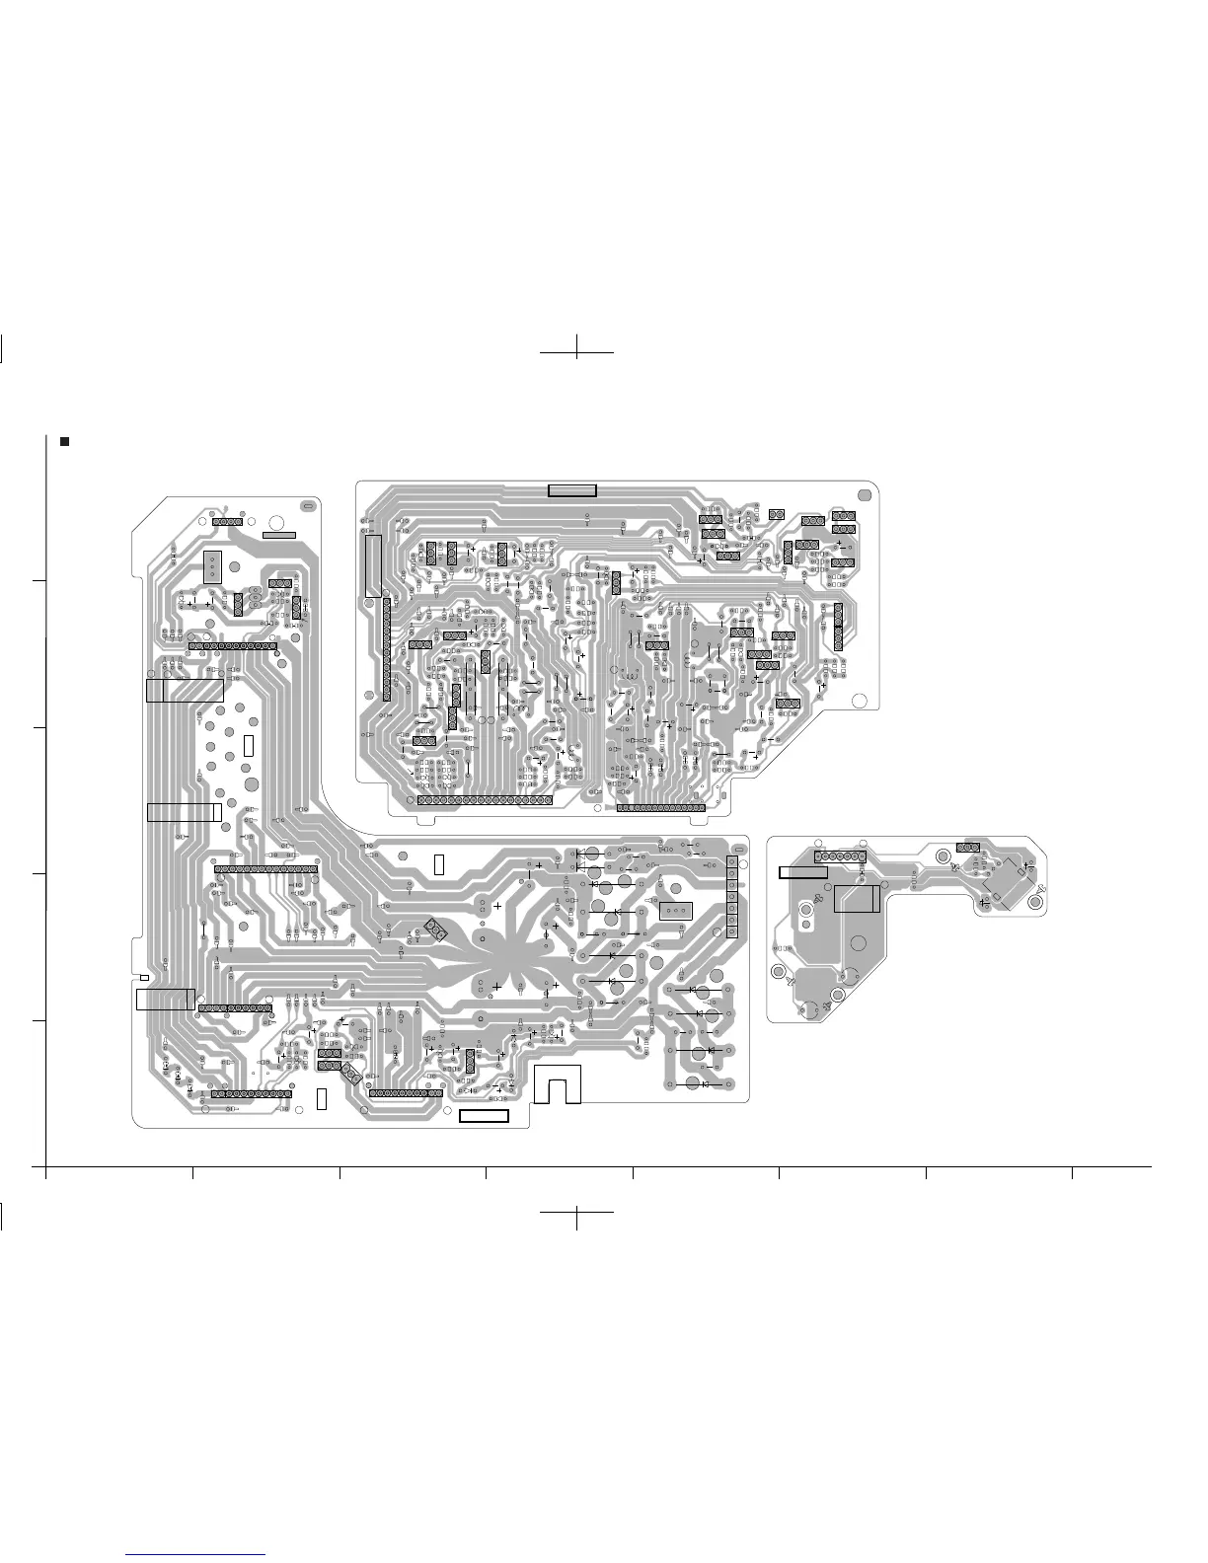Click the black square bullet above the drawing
(x=65, y=441)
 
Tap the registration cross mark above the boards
(x=577, y=351)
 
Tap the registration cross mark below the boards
(x=577, y=1213)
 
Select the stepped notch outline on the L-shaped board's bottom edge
(x=558, y=1084)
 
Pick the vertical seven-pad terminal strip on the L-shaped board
(x=732, y=897)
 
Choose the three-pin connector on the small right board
(x=967, y=848)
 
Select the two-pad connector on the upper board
(x=776, y=514)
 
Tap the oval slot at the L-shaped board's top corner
(x=307, y=505)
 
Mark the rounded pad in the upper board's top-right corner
(x=865, y=495)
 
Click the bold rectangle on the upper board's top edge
(x=572, y=490)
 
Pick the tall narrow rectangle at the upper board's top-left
(x=372, y=565)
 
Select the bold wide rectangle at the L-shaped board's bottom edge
(x=484, y=1116)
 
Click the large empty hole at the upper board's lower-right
(x=859, y=701)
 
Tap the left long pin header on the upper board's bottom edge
(x=485, y=800)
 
